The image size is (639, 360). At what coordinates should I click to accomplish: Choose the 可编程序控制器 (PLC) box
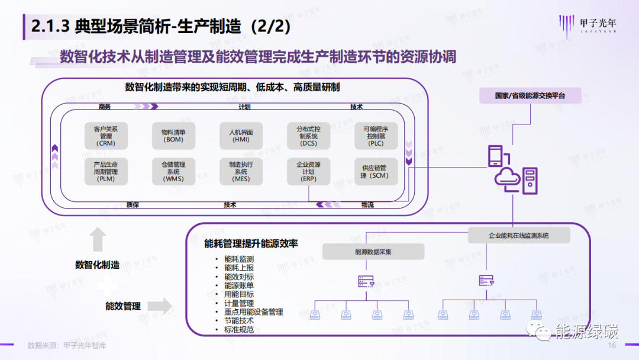(x=376, y=136)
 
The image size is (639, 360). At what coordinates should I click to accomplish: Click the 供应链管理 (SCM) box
(x=376, y=171)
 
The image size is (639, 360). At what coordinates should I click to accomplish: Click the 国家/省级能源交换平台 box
(x=530, y=95)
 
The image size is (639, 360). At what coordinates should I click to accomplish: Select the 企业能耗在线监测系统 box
(x=519, y=235)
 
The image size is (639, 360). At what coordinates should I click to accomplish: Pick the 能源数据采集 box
(x=373, y=252)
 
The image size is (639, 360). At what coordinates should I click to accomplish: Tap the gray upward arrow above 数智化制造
(x=98, y=240)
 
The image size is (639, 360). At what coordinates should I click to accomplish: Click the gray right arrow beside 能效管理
(x=159, y=306)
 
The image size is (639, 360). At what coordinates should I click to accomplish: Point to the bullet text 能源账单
(x=239, y=285)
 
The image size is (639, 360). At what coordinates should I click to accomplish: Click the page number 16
(x=612, y=346)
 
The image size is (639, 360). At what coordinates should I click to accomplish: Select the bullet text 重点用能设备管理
(x=253, y=311)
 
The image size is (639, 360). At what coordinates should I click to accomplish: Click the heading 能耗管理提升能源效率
(x=251, y=243)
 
